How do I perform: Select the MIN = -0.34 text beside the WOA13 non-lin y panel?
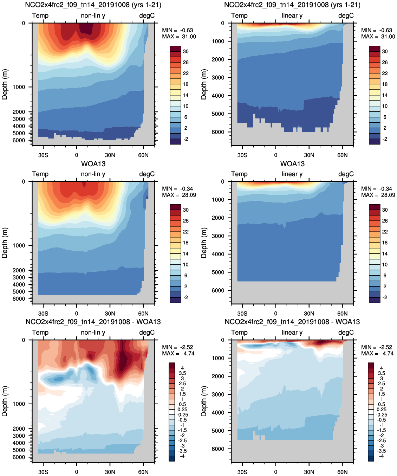click(177, 189)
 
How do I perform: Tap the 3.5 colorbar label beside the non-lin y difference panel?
click(182, 373)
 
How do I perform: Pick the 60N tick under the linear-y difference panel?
click(342, 472)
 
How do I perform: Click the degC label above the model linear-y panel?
click(346, 16)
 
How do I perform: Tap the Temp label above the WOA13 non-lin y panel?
click(40, 174)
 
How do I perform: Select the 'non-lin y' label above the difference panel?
click(93, 333)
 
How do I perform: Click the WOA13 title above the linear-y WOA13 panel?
click(292, 164)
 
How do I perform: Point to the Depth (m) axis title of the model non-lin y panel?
click(5, 84)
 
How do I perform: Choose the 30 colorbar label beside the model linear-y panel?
click(385, 51)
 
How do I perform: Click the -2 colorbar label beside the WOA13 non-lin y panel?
click(186, 297)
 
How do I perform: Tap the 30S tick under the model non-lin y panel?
click(43, 155)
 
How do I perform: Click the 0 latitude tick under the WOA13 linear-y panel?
click(275, 314)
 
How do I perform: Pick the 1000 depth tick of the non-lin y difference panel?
click(19, 404)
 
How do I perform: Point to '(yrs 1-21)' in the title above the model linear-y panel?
click(345, 5)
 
